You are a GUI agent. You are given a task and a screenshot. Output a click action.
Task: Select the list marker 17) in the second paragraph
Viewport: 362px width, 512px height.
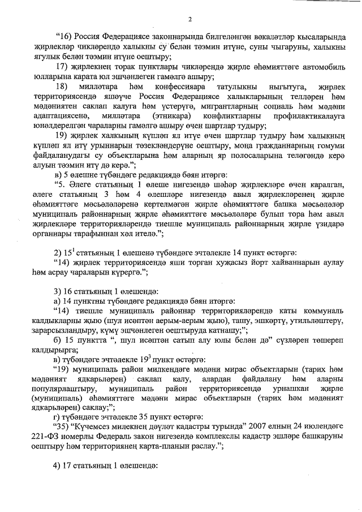(x=62, y=67)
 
